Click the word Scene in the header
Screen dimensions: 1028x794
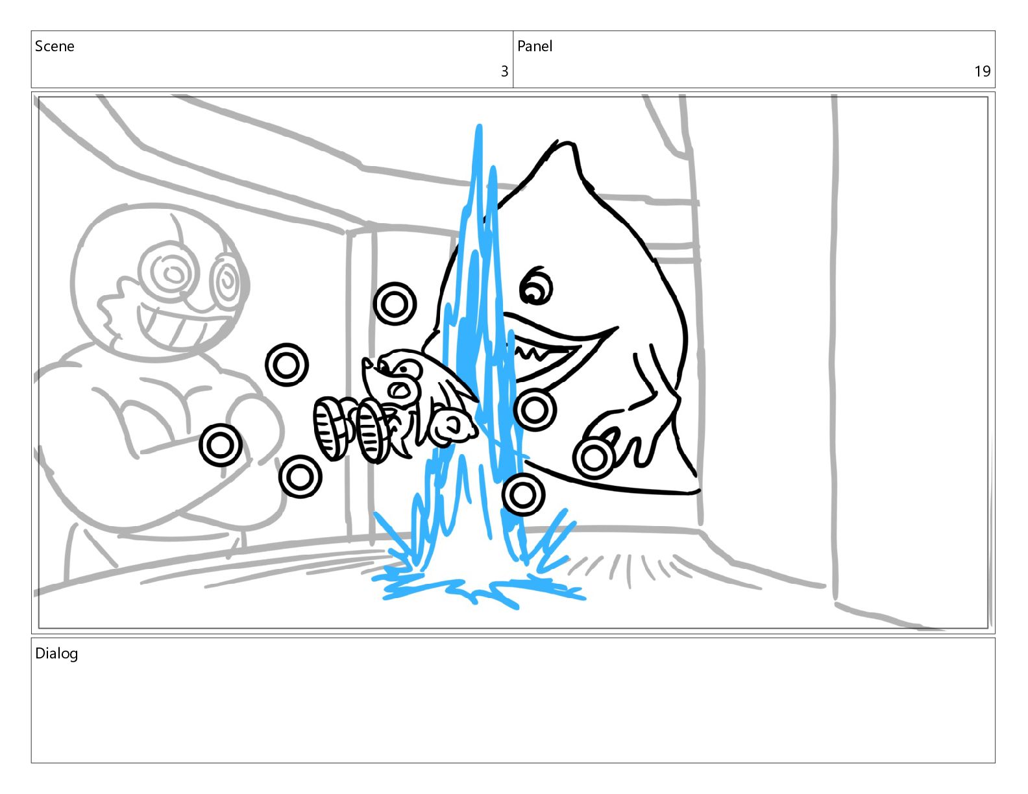pos(55,46)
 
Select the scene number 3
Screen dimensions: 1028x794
pos(504,71)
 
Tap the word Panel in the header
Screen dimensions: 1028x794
pos(535,46)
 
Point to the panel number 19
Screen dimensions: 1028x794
pos(982,71)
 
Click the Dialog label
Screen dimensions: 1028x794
pos(56,654)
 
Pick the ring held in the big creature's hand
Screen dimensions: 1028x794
pos(593,458)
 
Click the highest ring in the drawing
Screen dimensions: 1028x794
pos(395,304)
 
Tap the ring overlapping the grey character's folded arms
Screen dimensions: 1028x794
pos(221,445)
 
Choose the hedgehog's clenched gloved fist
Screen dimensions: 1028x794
pos(451,427)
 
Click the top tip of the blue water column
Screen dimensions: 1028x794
pos(479,126)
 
